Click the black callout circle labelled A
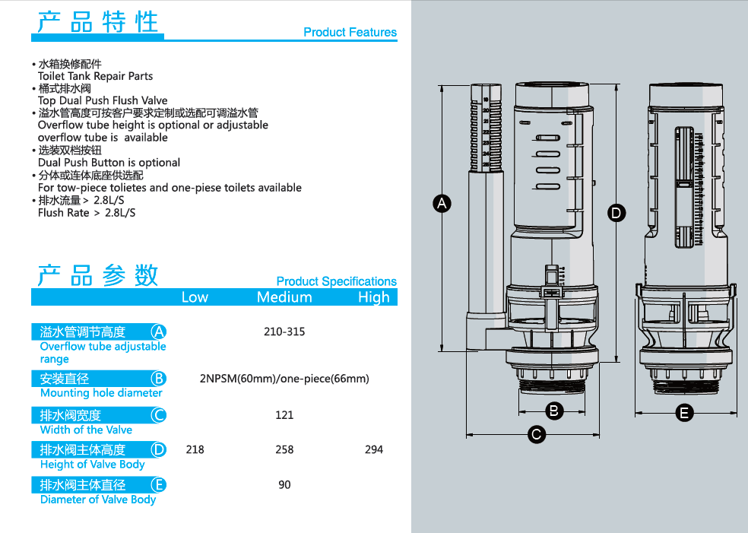pos(442,204)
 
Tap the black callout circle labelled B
pos(554,411)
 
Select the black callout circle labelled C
pos(536,435)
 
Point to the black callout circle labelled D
pos(616,213)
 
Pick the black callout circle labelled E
pos(684,413)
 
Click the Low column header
pos(195,297)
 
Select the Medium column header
pos(284,297)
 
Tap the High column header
pos(374,298)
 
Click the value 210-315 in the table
pos(284,332)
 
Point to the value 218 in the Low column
pos(195,449)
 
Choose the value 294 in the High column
pos(374,449)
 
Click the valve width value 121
pos(284,415)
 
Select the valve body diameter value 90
pos(284,485)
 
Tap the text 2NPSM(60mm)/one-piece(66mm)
pos(284,379)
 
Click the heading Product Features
pos(350,32)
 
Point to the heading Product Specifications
pos(336,281)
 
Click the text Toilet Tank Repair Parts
pos(96,76)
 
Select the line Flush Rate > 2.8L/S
pos(87,213)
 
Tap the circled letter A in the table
pos(158,332)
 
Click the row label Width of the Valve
pos(86,430)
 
